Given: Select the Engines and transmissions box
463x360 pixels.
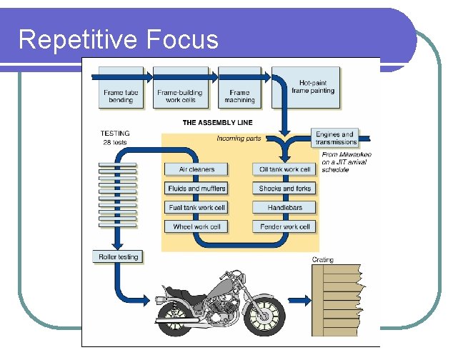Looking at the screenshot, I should [334, 138].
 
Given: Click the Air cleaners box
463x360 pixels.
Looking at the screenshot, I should [196, 169].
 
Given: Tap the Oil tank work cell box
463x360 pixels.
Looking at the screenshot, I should [284, 169].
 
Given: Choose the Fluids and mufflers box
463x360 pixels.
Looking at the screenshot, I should [196, 189].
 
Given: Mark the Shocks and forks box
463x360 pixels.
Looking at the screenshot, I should [284, 189].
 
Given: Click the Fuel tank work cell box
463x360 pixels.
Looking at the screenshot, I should [196, 208].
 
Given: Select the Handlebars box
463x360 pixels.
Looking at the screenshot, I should [284, 208].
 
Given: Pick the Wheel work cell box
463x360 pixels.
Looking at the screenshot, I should [196, 227].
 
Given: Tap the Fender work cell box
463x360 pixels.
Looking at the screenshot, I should [284, 227].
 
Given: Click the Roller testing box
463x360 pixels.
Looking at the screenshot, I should [119, 256].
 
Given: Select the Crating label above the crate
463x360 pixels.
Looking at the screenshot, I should [323, 260].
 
